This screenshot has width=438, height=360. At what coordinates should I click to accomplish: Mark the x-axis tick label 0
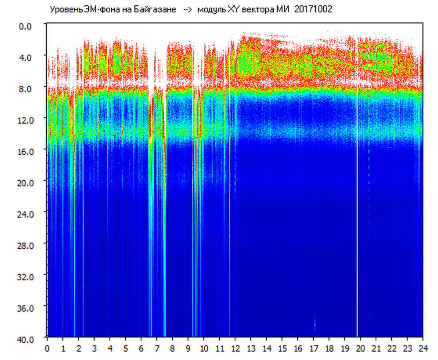tap(47, 348)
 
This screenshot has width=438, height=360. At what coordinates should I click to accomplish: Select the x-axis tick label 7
tap(157, 348)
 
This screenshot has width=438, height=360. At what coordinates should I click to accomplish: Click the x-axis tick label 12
tap(235, 348)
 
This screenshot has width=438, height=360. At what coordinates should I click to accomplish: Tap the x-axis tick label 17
tap(313, 348)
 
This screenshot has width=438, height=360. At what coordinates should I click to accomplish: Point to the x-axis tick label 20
tap(360, 348)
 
